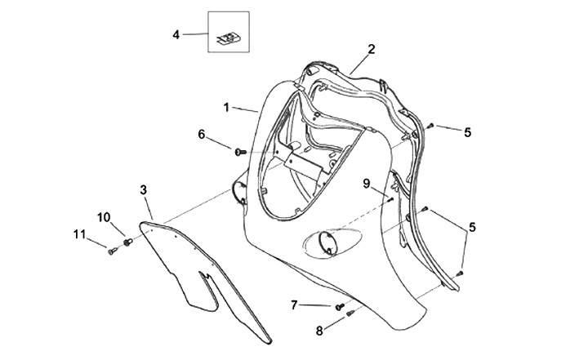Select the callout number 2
[371, 49]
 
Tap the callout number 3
[143, 189]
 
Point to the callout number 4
[175, 34]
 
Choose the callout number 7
[294, 304]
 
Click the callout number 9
[367, 183]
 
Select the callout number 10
[104, 217]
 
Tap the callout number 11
[79, 235]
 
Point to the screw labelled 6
[238, 151]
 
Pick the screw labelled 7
[338, 307]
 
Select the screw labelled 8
[350, 313]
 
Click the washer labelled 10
[127, 242]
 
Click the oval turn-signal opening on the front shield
[332, 243]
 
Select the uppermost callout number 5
[468, 131]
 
